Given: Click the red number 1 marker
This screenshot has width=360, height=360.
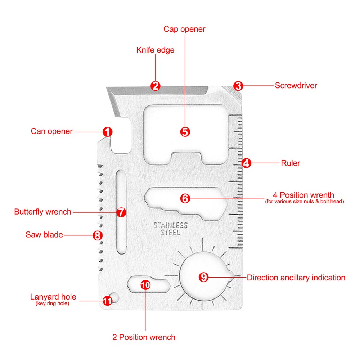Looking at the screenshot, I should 107,132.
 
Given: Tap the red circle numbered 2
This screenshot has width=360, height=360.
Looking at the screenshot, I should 156,86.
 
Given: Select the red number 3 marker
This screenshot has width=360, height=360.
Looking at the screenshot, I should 238,86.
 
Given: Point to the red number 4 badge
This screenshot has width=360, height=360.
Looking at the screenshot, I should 246,163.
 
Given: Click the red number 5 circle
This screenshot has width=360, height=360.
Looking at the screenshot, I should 185,132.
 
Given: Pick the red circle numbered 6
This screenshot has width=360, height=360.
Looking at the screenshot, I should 185,198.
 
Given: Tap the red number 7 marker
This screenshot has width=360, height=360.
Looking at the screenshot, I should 121,212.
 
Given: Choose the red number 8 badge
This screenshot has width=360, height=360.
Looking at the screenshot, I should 97,235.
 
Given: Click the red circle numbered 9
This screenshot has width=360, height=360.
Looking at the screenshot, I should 204,277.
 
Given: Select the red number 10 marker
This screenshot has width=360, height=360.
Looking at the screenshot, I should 145,285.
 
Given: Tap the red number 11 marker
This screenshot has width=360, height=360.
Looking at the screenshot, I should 107,301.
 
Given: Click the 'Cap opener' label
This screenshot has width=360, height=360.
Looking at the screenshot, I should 184,29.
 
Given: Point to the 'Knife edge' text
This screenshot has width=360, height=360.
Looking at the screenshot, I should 155,50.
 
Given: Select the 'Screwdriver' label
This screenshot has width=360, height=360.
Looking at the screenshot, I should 296,86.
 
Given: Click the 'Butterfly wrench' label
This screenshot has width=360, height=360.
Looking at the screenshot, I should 43,212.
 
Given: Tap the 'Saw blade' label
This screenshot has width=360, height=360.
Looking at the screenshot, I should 44,235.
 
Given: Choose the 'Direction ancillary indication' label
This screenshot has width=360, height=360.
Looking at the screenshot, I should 296,278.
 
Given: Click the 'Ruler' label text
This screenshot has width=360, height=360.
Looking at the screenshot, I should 291,163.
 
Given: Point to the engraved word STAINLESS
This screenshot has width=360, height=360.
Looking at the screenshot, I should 171,226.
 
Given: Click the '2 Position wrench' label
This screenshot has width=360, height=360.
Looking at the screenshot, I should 144,337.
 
